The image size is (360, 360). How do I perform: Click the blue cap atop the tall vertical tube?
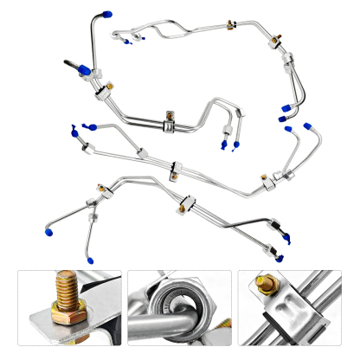coord(104,15)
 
